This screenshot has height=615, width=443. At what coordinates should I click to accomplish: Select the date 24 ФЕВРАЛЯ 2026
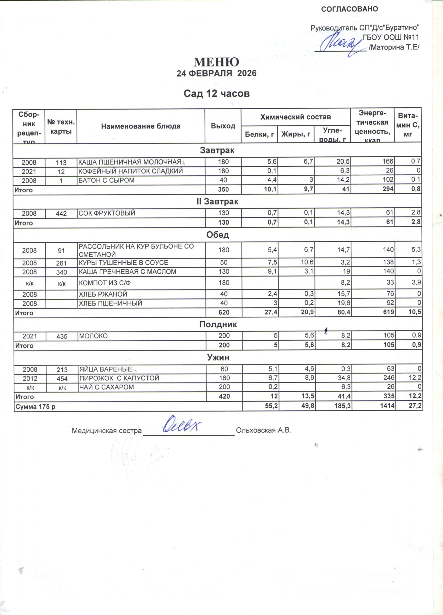point(216,74)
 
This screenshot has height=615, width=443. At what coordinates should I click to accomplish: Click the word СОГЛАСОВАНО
point(349,9)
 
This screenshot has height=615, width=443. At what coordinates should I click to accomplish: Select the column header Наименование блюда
point(141,126)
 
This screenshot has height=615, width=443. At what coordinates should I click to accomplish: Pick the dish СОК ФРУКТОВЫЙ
point(107,213)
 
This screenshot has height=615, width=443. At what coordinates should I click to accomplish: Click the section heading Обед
point(217,235)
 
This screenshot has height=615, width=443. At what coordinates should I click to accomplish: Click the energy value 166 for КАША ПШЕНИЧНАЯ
point(388,162)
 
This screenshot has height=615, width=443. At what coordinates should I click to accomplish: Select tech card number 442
point(61,214)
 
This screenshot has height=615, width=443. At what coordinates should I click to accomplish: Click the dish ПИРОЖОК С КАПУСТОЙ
point(119,378)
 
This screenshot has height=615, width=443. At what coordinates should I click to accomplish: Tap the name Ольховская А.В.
point(263,430)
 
